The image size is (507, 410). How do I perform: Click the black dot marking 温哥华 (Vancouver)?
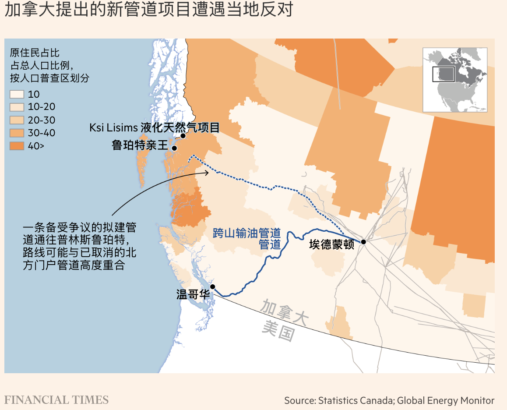coord(212,287)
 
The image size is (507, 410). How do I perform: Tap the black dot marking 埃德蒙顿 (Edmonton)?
coord(363,241)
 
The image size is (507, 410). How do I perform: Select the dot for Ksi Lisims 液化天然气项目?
coord(183,136)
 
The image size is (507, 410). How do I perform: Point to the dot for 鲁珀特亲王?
coord(174,148)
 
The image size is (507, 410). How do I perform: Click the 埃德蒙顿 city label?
coord(331,244)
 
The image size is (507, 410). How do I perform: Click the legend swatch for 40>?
coord(17,146)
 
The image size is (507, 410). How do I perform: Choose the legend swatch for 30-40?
coord(17,133)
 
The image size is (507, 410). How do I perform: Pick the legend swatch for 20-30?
coord(17,120)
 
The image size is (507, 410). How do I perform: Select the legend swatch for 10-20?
coord(17,107)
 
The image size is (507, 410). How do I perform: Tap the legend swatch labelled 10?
coord(17,94)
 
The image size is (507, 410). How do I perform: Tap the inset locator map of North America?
coord(454,80)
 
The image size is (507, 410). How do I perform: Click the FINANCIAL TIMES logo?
coord(56,399)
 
